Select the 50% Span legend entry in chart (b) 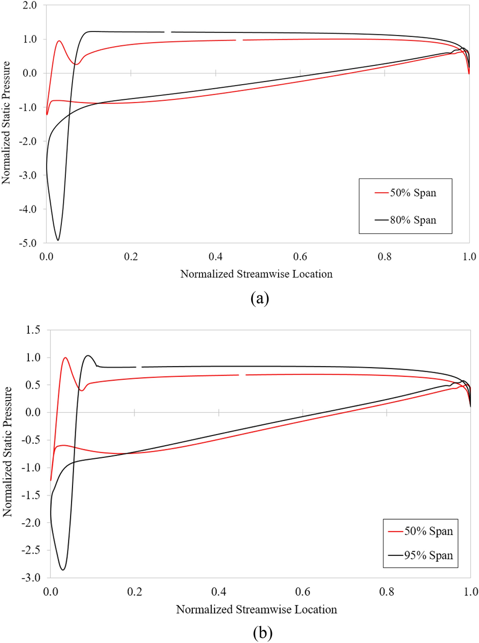tap(423, 532)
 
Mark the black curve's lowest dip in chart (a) tap(58, 240)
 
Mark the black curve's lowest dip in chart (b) tap(63, 569)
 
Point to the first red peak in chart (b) tap(65, 358)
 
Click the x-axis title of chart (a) tap(256, 274)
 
